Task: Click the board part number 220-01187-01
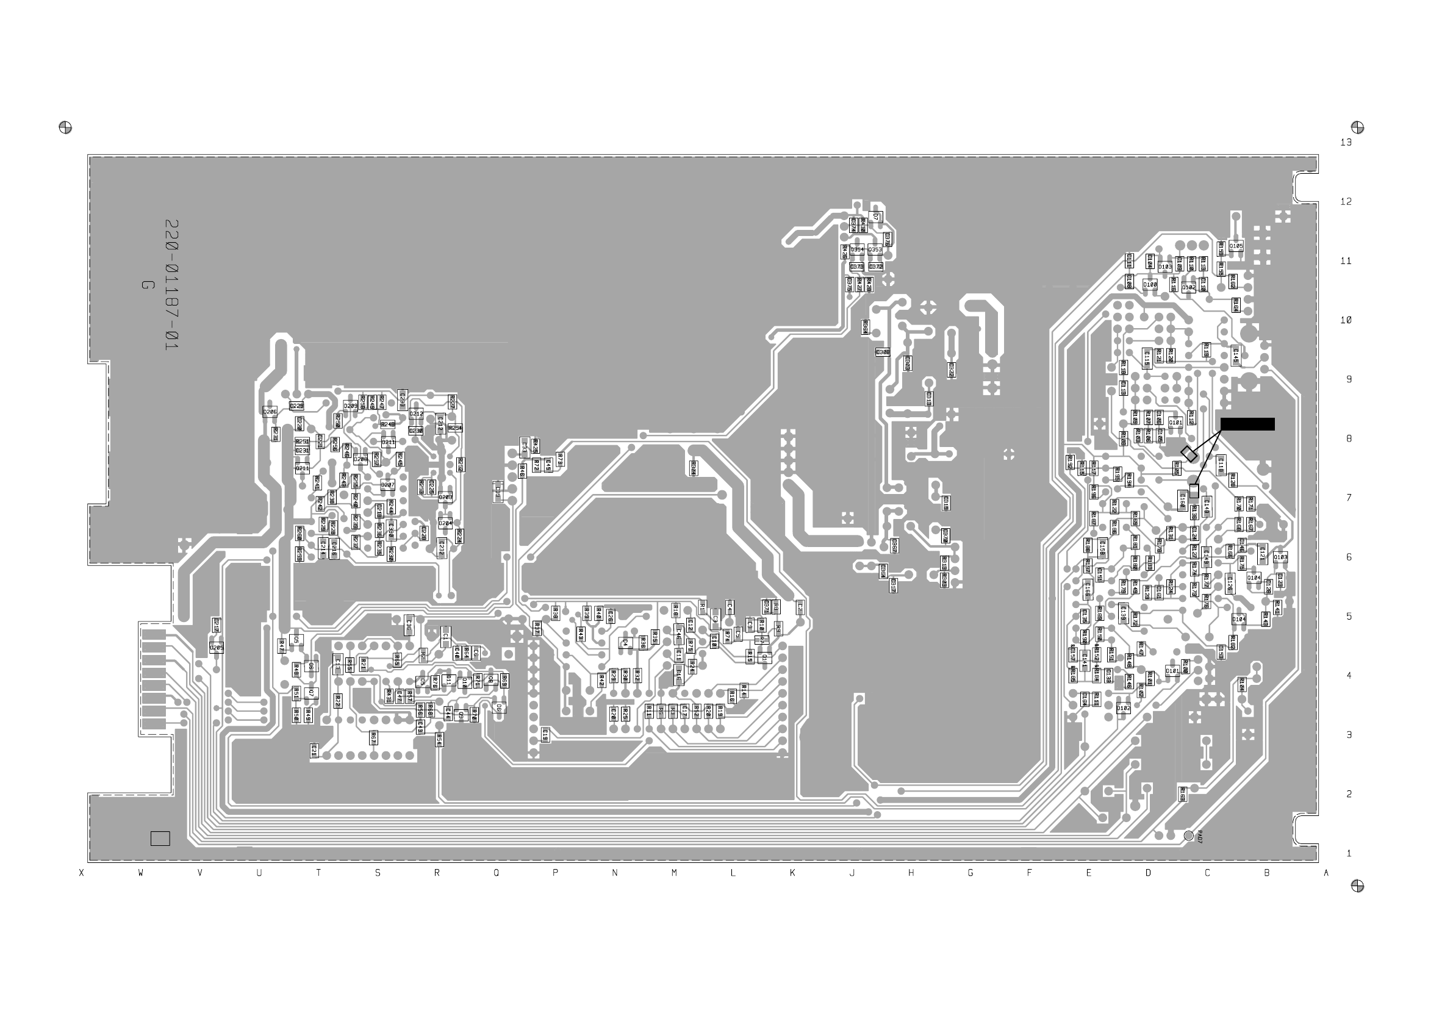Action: (171, 285)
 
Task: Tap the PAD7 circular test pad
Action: (1188, 836)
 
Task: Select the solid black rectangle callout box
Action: (1247, 424)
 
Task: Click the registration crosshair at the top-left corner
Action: (65, 127)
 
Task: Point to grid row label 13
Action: (1346, 142)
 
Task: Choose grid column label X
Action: (81, 873)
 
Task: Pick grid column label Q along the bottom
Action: (496, 873)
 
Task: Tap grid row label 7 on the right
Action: (1348, 498)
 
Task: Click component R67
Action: (373, 738)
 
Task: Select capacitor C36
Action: (408, 624)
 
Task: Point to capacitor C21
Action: (314, 751)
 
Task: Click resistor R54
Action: (439, 739)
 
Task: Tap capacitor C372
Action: (876, 267)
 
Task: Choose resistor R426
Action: (844, 252)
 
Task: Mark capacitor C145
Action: (1235, 356)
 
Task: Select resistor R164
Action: (1235, 305)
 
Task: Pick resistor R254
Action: (455, 428)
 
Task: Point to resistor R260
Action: (300, 533)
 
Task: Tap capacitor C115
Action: (1146, 358)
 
